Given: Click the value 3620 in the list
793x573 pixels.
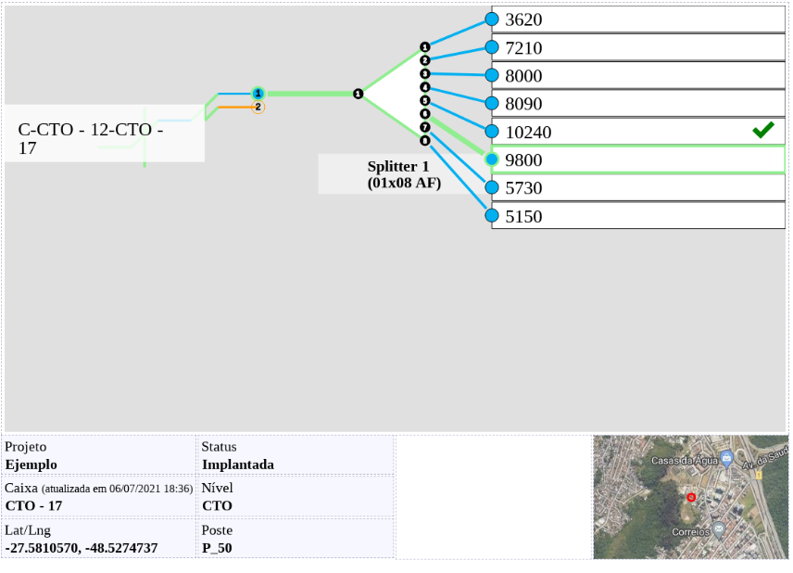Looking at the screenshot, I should pyautogui.click(x=523, y=19).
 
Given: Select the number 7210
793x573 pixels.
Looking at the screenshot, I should pyautogui.click(x=523, y=47).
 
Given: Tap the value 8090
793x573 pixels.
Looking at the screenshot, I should pyautogui.click(x=523, y=104).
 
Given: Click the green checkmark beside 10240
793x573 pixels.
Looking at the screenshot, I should pyautogui.click(x=763, y=131).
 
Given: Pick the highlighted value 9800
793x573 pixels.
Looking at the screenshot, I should pyautogui.click(x=523, y=160).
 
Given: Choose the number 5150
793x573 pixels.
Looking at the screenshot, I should pyautogui.click(x=523, y=217).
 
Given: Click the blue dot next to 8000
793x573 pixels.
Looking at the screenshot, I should pyautogui.click(x=492, y=75).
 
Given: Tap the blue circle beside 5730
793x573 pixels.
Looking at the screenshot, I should pyautogui.click(x=492, y=187).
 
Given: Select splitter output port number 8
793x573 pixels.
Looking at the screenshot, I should pyautogui.click(x=425, y=141).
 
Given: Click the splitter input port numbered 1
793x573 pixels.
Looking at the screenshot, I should pyautogui.click(x=358, y=94).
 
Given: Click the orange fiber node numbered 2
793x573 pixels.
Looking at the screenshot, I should pyautogui.click(x=258, y=108).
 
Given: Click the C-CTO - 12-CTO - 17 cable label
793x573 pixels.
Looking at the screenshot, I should pyautogui.click(x=90, y=138).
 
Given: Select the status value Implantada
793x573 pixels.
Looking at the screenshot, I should pyautogui.click(x=237, y=465).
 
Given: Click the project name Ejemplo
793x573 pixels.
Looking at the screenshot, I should pyautogui.click(x=31, y=465).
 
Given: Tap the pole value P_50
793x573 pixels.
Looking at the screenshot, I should pyautogui.click(x=217, y=548).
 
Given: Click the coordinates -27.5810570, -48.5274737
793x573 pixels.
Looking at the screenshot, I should pyautogui.click(x=82, y=548).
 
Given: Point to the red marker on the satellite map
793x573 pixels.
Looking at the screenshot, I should pyautogui.click(x=691, y=498).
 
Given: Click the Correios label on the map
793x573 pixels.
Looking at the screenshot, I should pyautogui.click(x=691, y=532).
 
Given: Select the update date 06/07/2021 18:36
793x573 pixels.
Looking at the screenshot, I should pyautogui.click(x=150, y=489).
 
